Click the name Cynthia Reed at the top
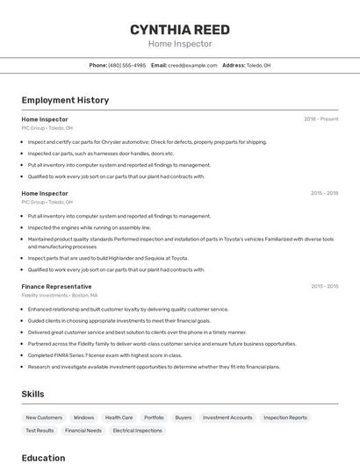click(180, 30)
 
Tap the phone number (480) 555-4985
click(127, 65)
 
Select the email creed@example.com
click(192, 65)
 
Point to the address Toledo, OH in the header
click(258, 65)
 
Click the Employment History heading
click(65, 100)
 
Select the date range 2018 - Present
click(320, 118)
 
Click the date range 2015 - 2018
click(324, 193)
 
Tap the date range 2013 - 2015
click(324, 286)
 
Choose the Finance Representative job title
click(56, 286)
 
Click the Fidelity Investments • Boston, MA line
click(60, 296)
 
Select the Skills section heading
click(32, 394)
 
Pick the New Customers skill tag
click(44, 418)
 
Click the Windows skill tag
click(83, 418)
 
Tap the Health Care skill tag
click(119, 418)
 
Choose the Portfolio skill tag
click(154, 418)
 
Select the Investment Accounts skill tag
click(227, 418)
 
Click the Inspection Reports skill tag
click(285, 418)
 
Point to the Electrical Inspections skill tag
click(137, 431)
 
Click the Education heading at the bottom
click(43, 458)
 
